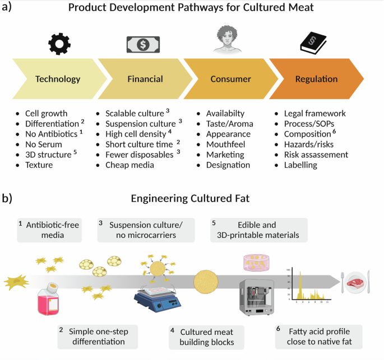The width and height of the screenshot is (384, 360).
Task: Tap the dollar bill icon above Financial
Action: coord(142,43)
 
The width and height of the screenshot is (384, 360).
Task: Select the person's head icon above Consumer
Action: coord(223,41)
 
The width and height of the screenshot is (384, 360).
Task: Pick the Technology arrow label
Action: coord(58,79)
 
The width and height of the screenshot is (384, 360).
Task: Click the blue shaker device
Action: coord(159,301)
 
